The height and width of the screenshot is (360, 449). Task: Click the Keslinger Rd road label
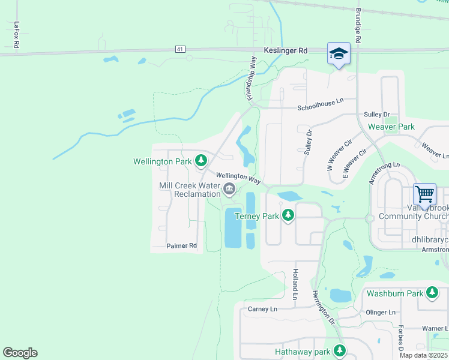pos(285,51)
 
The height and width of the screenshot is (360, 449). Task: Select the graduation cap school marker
pos(339,54)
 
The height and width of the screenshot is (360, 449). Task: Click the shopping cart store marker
pos(424,195)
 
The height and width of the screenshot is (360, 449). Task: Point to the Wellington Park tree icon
pos(202,161)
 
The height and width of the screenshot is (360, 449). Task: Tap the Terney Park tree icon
pos(288,215)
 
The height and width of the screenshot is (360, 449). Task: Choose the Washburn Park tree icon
pos(432,293)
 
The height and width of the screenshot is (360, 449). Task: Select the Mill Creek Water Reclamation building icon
pos(229,190)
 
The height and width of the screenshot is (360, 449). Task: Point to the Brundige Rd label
pos(358,25)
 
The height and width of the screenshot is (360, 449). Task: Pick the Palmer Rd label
pos(182,245)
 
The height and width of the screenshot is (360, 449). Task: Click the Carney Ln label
pos(263,309)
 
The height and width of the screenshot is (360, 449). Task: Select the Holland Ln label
pos(295,284)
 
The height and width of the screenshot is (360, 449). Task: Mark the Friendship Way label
pos(250,79)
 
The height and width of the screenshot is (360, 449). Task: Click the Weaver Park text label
pos(391,127)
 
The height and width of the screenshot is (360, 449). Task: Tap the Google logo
pos(20,353)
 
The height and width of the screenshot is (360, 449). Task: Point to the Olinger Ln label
pos(381,313)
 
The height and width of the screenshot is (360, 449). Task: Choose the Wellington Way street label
pos(238,178)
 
